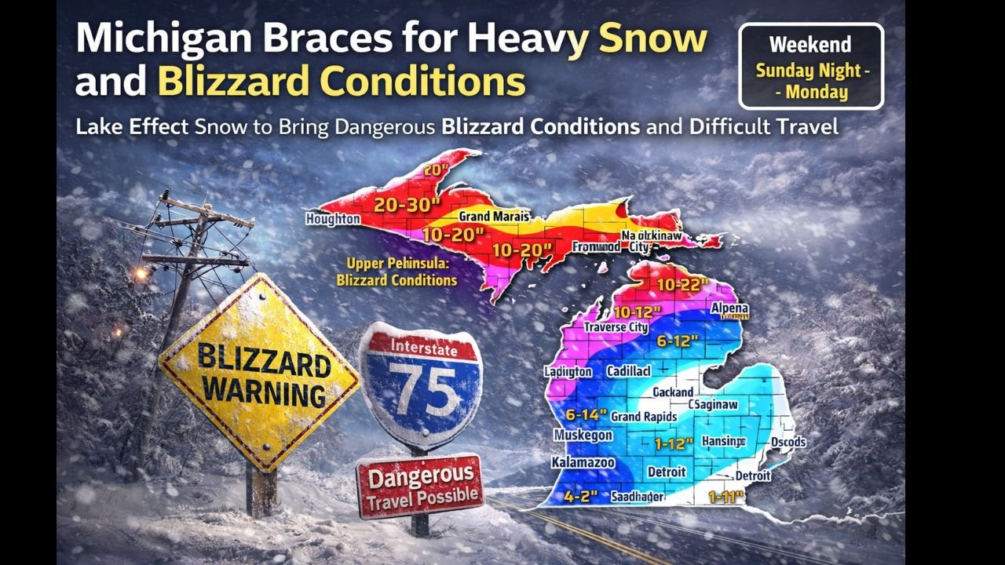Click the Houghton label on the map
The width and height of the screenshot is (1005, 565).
pyautogui.click(x=333, y=219)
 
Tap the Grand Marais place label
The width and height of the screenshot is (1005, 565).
pyautogui.click(x=494, y=217)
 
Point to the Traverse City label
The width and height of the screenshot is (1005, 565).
pyautogui.click(x=616, y=326)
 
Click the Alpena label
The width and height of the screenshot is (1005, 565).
pyautogui.click(x=729, y=309)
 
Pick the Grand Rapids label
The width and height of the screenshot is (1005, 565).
pyautogui.click(x=644, y=416)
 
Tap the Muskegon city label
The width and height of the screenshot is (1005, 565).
pyautogui.click(x=583, y=436)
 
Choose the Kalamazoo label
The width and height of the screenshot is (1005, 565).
pyautogui.click(x=583, y=463)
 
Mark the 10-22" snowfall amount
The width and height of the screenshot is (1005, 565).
pyautogui.click(x=683, y=284)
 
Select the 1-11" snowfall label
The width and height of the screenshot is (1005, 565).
pyautogui.click(x=726, y=496)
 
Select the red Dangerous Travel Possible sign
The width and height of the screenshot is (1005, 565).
pyautogui.click(x=419, y=485)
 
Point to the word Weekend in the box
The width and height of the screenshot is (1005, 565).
pyautogui.click(x=811, y=45)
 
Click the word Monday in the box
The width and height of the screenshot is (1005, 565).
pyautogui.click(x=817, y=92)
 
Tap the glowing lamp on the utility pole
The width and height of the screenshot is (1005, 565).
pyautogui.click(x=141, y=273)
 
